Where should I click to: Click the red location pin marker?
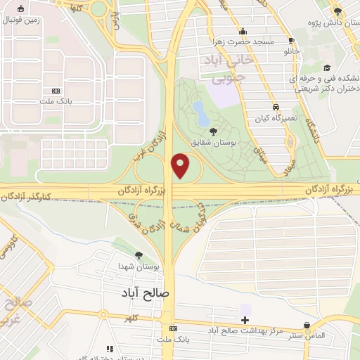pyautogui.click(x=181, y=166)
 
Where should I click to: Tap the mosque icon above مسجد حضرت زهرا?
pyautogui.click(x=243, y=31)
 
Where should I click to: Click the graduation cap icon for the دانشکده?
pyautogui.click(x=327, y=68)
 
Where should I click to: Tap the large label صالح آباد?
pyautogui.click(x=147, y=290)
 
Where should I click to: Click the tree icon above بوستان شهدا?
pyautogui.click(x=138, y=255)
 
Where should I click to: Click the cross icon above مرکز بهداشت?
pyautogui.click(x=245, y=320)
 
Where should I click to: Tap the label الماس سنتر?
pyautogui.click(x=307, y=336)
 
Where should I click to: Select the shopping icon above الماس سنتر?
pyautogui.click(x=307, y=326)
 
